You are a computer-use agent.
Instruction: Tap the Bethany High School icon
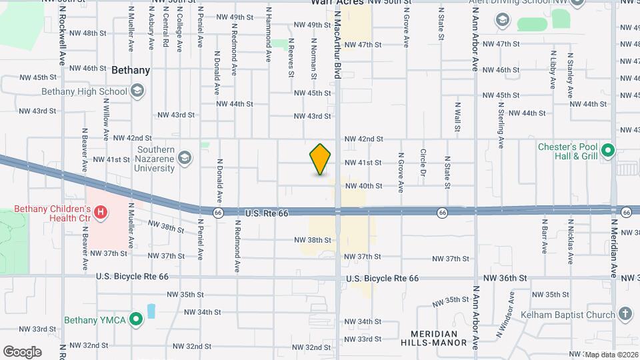(x=137, y=91)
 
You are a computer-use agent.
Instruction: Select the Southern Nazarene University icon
(x=185, y=159)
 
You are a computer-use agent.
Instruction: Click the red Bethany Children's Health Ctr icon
(x=101, y=213)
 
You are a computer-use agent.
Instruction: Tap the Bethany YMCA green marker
(x=136, y=320)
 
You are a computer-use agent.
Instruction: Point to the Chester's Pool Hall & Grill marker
(x=607, y=152)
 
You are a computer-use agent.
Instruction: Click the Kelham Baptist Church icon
(x=625, y=314)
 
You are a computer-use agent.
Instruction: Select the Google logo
(x=22, y=351)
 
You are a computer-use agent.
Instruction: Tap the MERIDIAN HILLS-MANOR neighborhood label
(x=429, y=338)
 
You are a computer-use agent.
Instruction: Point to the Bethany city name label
(x=131, y=69)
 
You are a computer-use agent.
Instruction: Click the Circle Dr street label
(x=423, y=162)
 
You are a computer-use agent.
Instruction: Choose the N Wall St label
(x=457, y=117)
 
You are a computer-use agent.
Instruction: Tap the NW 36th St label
(x=505, y=277)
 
